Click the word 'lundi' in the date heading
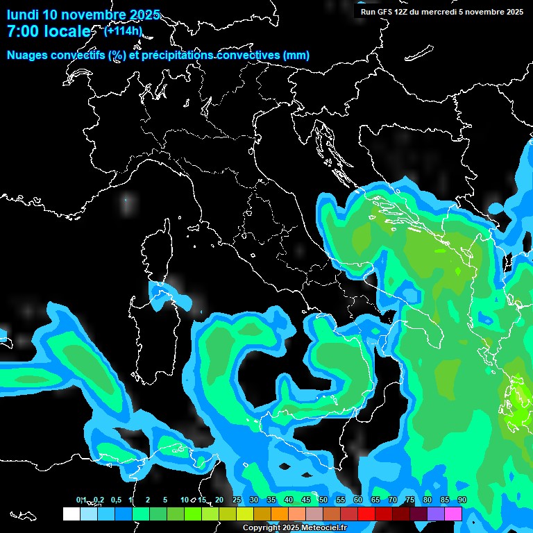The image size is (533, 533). tap(22, 15)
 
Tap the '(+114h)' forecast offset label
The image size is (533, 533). tap(123, 31)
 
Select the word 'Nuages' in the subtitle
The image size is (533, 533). tap(27, 56)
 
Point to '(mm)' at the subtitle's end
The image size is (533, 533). tap(296, 56)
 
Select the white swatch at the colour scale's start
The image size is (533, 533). tap(71, 514)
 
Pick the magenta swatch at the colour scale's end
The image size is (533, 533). tap(453, 514)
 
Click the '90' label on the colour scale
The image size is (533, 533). tap(462, 500)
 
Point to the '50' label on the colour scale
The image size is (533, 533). tap(323, 500)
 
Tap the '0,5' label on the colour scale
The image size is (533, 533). tap(116, 500)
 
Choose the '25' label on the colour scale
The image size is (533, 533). tap(237, 500)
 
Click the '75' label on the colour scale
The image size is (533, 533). tap(410, 500)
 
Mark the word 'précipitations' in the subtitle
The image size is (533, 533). tap(178, 56)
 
